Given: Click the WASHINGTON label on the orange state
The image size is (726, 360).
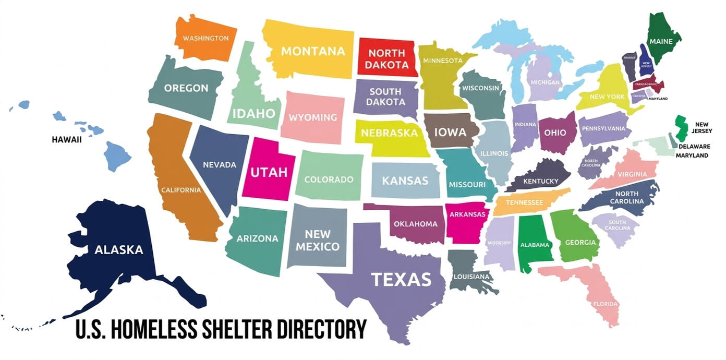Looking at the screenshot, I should (205, 38).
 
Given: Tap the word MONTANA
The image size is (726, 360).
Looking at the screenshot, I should (313, 51).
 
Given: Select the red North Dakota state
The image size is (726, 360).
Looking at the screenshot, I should (386, 58).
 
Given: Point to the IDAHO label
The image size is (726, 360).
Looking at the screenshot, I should (253, 113).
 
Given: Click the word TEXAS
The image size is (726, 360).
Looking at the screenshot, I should (401, 280).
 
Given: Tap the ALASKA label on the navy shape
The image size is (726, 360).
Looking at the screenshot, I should (118, 250).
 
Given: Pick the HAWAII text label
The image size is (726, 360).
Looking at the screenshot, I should (67, 140).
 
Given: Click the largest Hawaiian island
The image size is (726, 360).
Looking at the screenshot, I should (116, 155).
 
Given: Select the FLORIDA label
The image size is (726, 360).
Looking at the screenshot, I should (605, 304).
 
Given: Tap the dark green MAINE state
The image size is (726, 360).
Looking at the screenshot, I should (663, 39).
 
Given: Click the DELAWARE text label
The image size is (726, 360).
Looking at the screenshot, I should (694, 147).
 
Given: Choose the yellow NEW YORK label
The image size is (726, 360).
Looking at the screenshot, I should (607, 97).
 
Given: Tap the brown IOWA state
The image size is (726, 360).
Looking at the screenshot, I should (450, 131).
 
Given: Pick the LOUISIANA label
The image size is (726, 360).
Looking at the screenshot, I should (471, 276).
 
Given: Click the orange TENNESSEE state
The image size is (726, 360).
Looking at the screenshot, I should (524, 202).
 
